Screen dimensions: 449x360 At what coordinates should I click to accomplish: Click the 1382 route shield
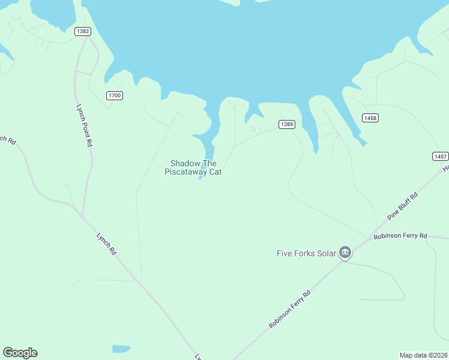coord(83,31)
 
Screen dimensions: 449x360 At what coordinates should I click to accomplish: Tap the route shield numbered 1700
coord(114,95)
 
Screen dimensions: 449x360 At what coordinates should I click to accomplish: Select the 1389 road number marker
coord(286,124)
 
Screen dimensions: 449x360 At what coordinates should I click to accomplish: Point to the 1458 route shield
coord(370,118)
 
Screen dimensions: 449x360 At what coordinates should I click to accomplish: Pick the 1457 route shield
coord(440,156)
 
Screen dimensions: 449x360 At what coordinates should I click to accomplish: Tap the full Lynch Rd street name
coord(106,244)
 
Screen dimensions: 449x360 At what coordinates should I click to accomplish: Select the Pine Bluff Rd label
coord(402,206)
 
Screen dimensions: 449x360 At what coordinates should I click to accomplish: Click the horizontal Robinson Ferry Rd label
coord(400,236)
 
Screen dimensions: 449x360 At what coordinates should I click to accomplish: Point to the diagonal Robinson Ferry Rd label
coord(290,310)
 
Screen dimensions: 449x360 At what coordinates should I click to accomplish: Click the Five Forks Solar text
coord(306,253)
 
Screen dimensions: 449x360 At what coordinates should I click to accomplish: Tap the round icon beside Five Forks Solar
coord(345,253)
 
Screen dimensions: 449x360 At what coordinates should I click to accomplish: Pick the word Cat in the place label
coord(215,172)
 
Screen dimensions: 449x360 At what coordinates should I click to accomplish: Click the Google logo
coord(20,353)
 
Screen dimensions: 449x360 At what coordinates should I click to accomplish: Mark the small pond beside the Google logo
coord(121,349)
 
